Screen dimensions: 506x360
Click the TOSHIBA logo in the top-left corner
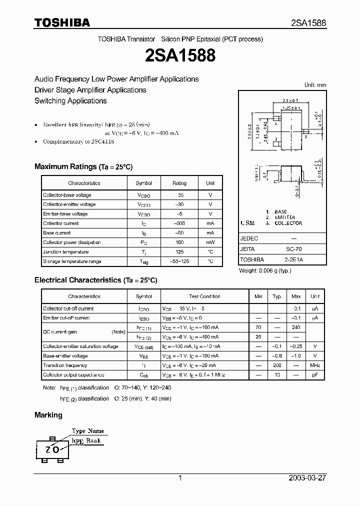pos(62,22)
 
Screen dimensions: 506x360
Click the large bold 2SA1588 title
pos(180,55)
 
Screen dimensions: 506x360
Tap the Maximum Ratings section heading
pos(83,167)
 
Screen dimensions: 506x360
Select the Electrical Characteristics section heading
pos(95,280)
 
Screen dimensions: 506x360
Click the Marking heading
pos(48,415)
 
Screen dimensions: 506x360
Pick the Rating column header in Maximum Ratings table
pos(179,183)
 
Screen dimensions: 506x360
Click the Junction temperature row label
pos(65,252)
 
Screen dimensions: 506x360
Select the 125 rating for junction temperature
pos(179,252)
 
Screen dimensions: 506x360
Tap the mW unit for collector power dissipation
pos(210,242)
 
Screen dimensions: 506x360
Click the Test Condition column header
pos(204,296)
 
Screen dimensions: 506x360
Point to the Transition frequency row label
pos(65,365)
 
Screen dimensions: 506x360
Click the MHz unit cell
pos(314,365)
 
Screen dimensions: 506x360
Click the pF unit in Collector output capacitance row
pos(314,375)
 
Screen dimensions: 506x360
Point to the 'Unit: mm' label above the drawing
pos(315,85)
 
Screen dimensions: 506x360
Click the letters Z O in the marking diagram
pos(52,449)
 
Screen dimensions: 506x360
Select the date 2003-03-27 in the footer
pos(307,478)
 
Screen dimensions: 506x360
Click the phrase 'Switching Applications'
pos(70,101)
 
